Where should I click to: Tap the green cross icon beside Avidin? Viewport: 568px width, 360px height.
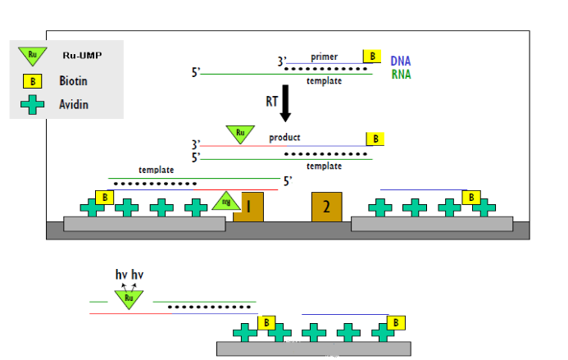coord(32,105)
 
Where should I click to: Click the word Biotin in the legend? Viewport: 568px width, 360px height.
coord(73,81)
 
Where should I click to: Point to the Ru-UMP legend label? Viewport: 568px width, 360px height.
coord(82,57)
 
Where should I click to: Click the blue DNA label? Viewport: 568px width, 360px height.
coord(401,61)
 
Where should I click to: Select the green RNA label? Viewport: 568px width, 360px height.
coord(401,75)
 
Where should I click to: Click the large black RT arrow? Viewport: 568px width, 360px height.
coord(285,104)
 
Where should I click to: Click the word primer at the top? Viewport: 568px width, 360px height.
coord(324,57)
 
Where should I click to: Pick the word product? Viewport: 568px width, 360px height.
coord(284,137)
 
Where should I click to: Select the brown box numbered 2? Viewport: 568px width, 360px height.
coord(326,206)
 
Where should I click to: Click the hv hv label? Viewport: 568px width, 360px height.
coord(130,275)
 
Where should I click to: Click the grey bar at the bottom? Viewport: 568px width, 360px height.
coord(313,349)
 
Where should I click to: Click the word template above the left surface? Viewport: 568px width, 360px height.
coord(156,169)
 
